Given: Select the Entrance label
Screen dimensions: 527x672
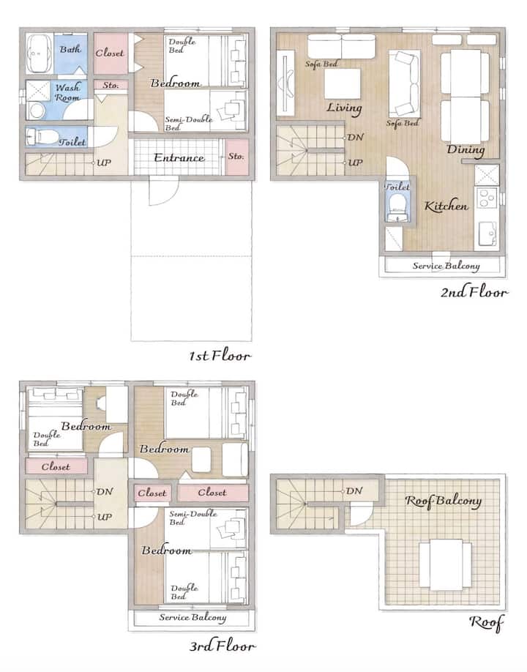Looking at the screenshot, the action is click(179, 157).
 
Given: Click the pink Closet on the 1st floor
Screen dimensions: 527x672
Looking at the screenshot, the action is click(110, 53).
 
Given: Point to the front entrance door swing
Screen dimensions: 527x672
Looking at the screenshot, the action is click(163, 191).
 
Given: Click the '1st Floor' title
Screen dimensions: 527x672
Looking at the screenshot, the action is click(220, 356).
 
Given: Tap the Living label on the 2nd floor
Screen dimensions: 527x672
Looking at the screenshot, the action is click(345, 108).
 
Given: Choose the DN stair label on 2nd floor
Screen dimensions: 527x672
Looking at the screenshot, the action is click(355, 138).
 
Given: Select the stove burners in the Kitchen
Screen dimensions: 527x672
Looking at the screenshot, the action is click(487, 197).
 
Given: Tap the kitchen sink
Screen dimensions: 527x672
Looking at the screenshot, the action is click(487, 234).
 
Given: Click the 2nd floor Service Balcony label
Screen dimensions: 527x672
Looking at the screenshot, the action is click(446, 266).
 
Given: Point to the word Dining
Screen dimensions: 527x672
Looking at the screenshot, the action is click(466, 149).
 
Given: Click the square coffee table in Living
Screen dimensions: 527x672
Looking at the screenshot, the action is click(342, 83).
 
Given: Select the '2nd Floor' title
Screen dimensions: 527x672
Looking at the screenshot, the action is click(475, 292).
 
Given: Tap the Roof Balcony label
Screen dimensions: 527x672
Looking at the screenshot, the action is click(444, 501).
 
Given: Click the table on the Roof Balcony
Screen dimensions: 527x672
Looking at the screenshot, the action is click(446, 564).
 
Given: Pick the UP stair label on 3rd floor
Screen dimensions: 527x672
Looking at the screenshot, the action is click(104, 517).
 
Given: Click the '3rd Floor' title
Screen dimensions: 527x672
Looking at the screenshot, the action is click(223, 646).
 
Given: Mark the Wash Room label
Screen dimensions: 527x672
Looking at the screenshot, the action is click(67, 92).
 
